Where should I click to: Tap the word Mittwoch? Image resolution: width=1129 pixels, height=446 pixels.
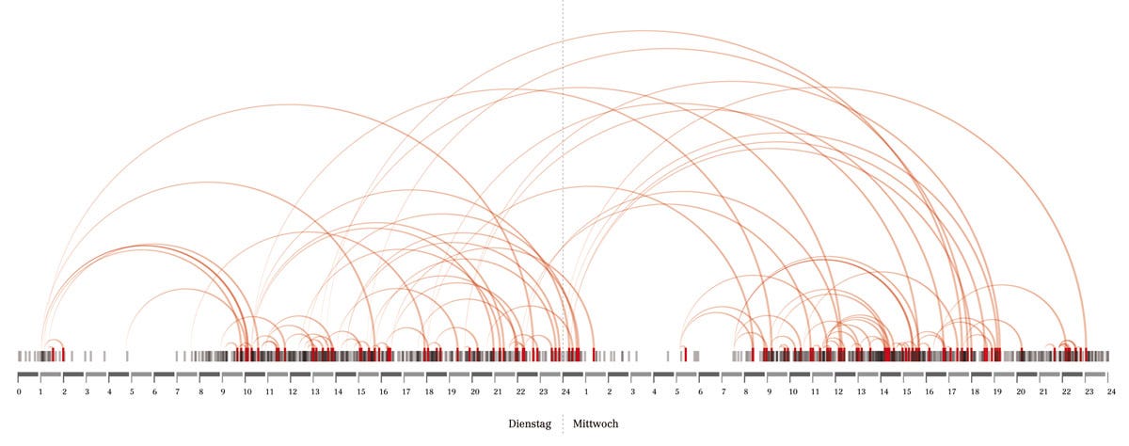[596, 424]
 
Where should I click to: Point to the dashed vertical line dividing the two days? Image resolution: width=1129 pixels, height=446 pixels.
[564, 188]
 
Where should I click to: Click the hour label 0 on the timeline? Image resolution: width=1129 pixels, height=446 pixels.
[19, 390]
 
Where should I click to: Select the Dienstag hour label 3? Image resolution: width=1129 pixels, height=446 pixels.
[87, 390]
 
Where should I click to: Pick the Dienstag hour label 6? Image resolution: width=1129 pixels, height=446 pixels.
[155, 390]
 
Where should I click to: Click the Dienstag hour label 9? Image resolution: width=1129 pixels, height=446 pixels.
[223, 390]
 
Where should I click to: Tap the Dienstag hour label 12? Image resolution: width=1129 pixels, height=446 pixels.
[292, 390]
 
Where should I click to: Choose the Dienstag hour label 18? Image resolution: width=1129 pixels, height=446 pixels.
[428, 390]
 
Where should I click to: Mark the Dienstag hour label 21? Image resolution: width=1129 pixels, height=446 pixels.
[497, 390]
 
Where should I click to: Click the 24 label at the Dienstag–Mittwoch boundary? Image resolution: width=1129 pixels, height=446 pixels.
[564, 390]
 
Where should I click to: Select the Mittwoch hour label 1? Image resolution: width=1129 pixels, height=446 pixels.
[587, 390]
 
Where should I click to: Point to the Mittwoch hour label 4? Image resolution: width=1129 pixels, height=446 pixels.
[655, 390]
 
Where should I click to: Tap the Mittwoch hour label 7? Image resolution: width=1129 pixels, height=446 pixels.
[724, 390]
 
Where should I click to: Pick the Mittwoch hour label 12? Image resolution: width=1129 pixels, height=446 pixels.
[837, 390]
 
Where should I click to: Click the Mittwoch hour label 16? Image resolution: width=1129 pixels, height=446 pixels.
[929, 390]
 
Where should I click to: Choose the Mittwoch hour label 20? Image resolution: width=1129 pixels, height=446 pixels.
[1020, 390]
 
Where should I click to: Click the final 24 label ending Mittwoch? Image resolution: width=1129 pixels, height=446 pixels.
[1110, 390]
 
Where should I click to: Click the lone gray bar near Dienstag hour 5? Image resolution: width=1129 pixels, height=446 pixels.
[128, 356]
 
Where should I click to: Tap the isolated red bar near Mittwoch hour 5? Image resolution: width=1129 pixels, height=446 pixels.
[686, 355]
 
